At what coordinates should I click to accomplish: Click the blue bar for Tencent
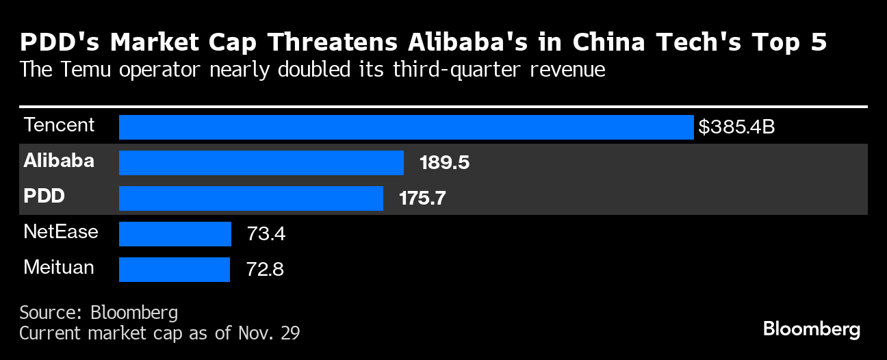(x=406, y=127)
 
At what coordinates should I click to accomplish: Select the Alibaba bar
(x=261, y=163)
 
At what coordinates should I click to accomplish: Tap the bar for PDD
(x=250, y=198)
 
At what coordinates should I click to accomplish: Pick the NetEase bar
(x=175, y=234)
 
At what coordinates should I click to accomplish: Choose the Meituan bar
(x=174, y=269)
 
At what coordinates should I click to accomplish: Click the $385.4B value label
(x=736, y=127)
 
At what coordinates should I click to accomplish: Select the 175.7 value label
(x=423, y=198)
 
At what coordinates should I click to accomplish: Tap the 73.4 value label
(x=266, y=234)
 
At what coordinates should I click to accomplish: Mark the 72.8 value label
(x=265, y=269)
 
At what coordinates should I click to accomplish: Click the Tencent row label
(x=59, y=125)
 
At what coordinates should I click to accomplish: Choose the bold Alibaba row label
(x=59, y=162)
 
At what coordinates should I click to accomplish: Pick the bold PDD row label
(x=44, y=197)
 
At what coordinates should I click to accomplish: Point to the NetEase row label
(x=61, y=232)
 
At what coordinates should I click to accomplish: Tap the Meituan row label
(x=59, y=267)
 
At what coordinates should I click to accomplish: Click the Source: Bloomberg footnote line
(x=99, y=313)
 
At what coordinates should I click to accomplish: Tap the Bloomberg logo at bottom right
(x=812, y=329)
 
